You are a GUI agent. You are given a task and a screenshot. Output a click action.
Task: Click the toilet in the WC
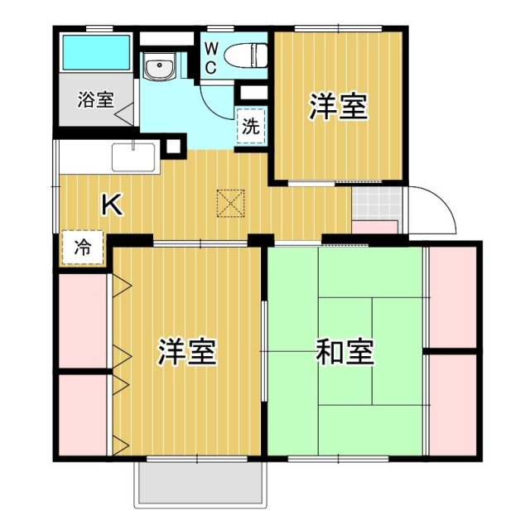point(247,54)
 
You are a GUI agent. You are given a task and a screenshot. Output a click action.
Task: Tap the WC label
point(211,58)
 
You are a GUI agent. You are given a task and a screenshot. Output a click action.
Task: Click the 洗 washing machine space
point(251,126)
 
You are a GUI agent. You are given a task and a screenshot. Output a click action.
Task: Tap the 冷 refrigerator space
point(83,247)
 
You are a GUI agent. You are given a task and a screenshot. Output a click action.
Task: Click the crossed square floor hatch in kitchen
point(229,202)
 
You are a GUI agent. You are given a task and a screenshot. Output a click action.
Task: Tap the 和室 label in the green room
point(344,353)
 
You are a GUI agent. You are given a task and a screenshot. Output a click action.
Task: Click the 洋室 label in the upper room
point(339,108)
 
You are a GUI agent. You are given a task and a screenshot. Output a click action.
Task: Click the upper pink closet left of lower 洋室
point(83,319)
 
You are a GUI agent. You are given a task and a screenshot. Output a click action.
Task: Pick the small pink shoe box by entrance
point(376,228)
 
